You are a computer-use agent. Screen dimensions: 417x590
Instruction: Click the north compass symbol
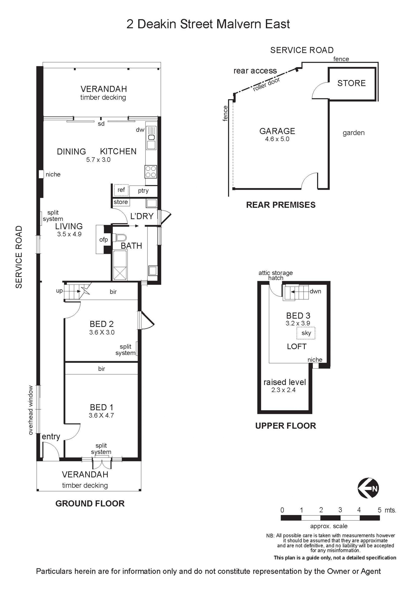(x=368, y=488)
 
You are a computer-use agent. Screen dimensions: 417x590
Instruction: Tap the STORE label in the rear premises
(x=351, y=83)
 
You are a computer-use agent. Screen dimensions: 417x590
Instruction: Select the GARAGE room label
(x=277, y=131)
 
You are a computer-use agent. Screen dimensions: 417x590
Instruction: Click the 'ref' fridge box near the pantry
(x=121, y=190)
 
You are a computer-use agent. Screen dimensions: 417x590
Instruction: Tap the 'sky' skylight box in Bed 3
(x=306, y=333)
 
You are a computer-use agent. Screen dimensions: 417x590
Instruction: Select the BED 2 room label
(x=102, y=324)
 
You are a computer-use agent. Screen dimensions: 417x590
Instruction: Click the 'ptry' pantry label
(x=143, y=191)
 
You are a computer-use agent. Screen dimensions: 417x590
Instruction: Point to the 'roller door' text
(x=266, y=85)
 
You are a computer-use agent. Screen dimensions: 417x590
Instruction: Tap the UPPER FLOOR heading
(x=286, y=426)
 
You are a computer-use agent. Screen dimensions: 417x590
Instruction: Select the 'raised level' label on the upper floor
(x=285, y=382)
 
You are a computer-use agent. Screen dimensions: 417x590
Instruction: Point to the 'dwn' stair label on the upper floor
(x=315, y=291)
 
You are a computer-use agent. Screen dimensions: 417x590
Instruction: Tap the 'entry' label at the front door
(x=51, y=437)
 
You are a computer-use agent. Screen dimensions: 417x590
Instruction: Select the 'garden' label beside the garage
(x=354, y=133)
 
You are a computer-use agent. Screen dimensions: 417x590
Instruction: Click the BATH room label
(x=131, y=246)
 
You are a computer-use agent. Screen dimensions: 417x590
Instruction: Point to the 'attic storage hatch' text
(x=276, y=275)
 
